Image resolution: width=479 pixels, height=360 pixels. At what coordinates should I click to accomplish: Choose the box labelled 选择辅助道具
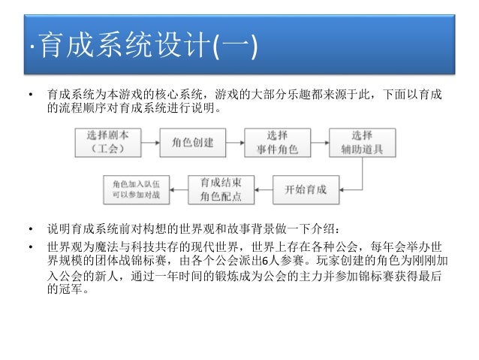pyautogui.click(x=362, y=141)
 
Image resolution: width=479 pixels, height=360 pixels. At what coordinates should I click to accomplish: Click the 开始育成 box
pyautogui.click(x=306, y=189)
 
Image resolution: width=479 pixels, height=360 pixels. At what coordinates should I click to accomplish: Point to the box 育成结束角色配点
pyautogui.click(x=220, y=189)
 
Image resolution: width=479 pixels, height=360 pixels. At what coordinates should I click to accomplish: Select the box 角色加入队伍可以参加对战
pyautogui.click(x=136, y=189)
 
